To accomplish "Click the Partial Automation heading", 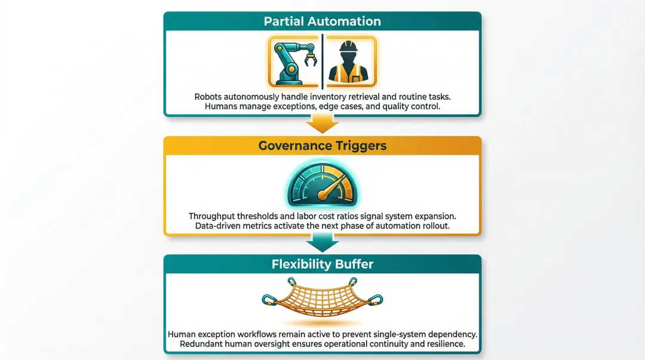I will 322,21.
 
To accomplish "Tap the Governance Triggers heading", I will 322,146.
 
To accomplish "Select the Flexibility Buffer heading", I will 322,264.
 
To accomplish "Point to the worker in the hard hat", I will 349,62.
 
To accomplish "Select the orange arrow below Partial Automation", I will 322,125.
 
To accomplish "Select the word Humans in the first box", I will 221,107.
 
